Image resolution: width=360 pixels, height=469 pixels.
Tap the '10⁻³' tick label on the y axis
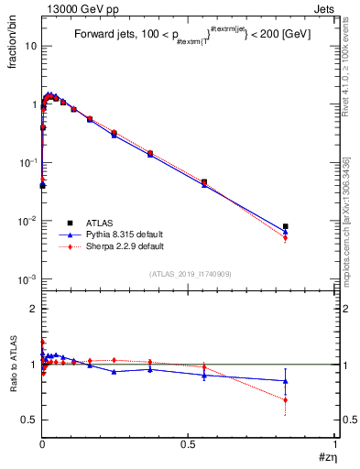pyautogui.click(x=27, y=279)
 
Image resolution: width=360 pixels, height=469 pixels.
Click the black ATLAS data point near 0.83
pyautogui.click(x=286, y=226)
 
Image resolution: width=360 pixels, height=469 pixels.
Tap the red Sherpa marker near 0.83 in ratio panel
pyautogui.click(x=286, y=400)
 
